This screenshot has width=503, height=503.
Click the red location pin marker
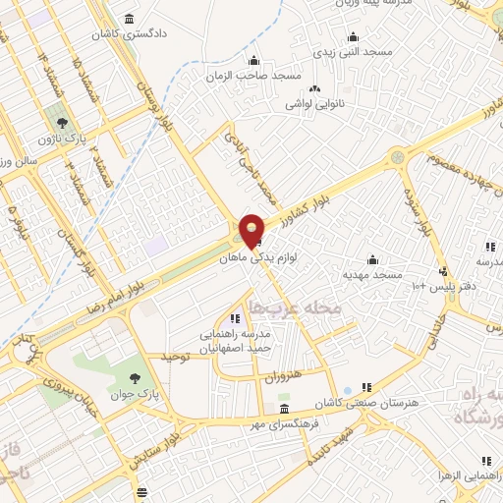[x=252, y=230]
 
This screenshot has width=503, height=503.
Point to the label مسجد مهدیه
[x=372, y=275]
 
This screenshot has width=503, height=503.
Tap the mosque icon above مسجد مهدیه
[x=372, y=260]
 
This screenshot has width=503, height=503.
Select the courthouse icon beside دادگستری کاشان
[x=130, y=20]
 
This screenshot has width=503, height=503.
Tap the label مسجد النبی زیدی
[x=352, y=49]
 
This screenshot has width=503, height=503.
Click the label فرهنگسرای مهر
[x=283, y=423]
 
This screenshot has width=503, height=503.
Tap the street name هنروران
[x=281, y=377]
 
